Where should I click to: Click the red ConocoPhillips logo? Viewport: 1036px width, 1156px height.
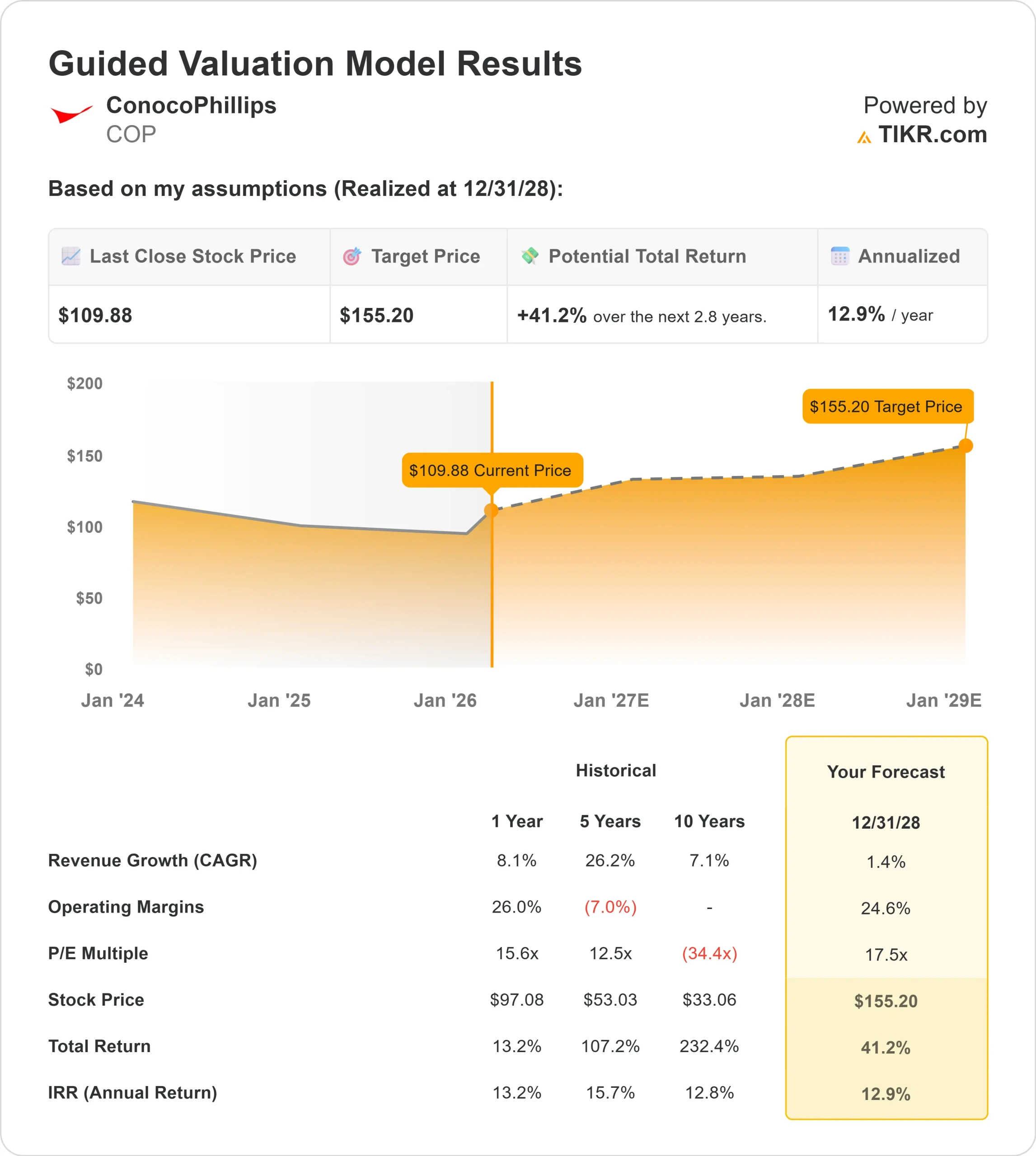[x=70, y=114]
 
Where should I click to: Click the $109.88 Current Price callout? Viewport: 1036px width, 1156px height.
[x=492, y=471]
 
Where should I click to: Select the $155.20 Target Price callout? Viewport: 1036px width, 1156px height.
[x=887, y=407]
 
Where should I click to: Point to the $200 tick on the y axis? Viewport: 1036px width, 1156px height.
[x=85, y=383]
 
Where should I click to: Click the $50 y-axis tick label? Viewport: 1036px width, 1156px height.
[x=89, y=598]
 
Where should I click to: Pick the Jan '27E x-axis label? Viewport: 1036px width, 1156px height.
[x=611, y=700]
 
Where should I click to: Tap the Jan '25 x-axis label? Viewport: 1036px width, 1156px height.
[x=279, y=700]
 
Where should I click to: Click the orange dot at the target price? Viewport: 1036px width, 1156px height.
[x=966, y=445]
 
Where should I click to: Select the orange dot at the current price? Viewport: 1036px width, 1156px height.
[x=491, y=510]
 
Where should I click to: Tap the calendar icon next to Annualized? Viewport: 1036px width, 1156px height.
[x=839, y=256]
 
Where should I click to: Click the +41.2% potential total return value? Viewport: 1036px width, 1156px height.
[x=551, y=315]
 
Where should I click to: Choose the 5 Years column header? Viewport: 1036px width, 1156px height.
[x=610, y=821]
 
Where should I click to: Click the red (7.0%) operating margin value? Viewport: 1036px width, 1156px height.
[x=610, y=907]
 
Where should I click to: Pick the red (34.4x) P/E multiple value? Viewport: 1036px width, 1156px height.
[x=709, y=953]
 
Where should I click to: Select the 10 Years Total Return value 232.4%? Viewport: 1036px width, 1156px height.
[x=709, y=1046]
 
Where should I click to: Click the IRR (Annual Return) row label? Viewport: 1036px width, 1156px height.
[x=133, y=1093]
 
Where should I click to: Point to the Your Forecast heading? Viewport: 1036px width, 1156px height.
[x=886, y=772]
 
